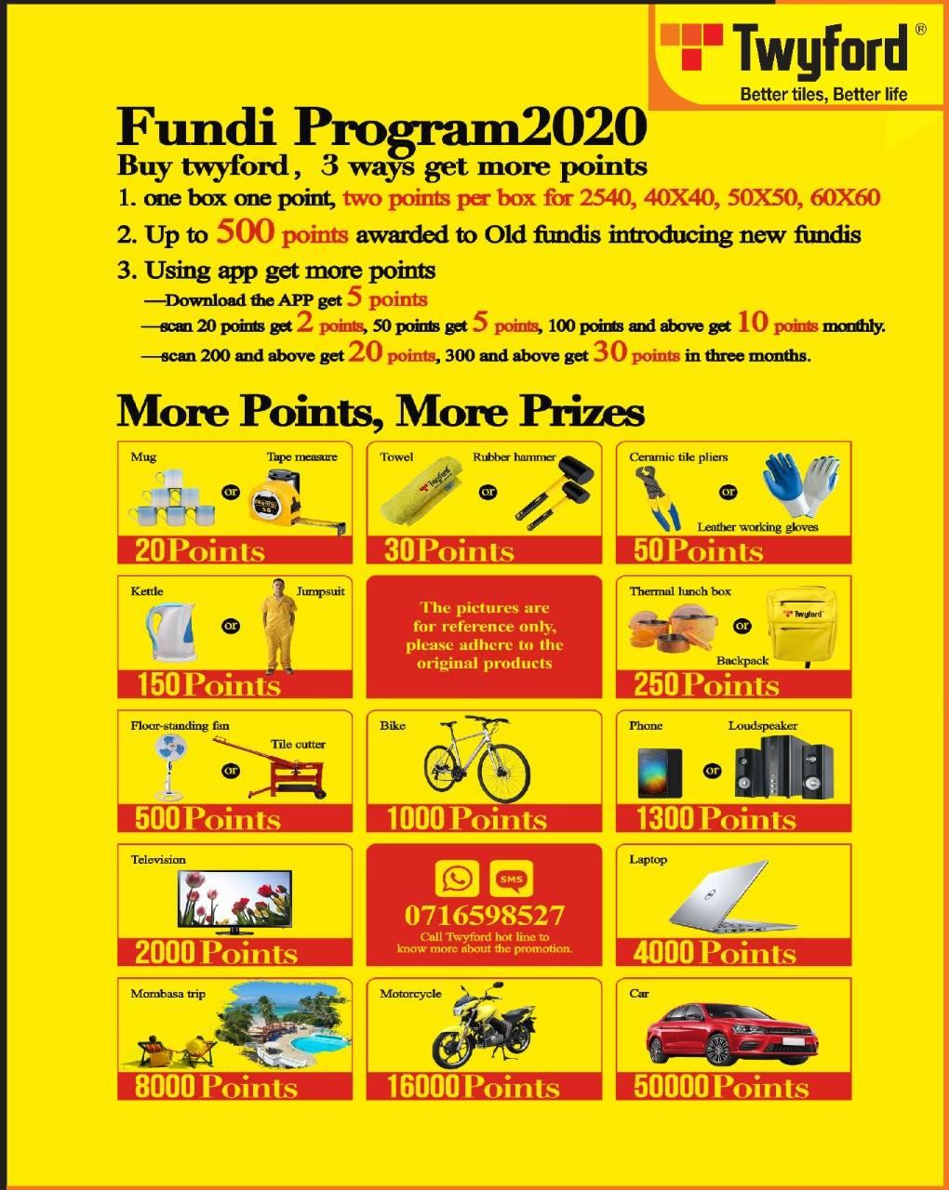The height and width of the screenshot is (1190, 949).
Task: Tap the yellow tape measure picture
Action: click(x=296, y=503)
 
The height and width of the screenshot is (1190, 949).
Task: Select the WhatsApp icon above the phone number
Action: click(x=457, y=879)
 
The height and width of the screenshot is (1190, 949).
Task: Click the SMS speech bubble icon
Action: click(x=512, y=879)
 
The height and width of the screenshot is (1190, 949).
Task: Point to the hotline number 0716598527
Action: click(x=484, y=915)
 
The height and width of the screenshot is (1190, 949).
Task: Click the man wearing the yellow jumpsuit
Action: click(x=279, y=626)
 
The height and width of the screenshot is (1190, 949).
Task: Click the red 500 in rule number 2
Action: click(x=245, y=231)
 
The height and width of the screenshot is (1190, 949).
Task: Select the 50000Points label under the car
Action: click(x=721, y=1087)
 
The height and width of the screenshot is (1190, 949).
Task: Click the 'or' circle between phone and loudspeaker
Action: click(x=713, y=771)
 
